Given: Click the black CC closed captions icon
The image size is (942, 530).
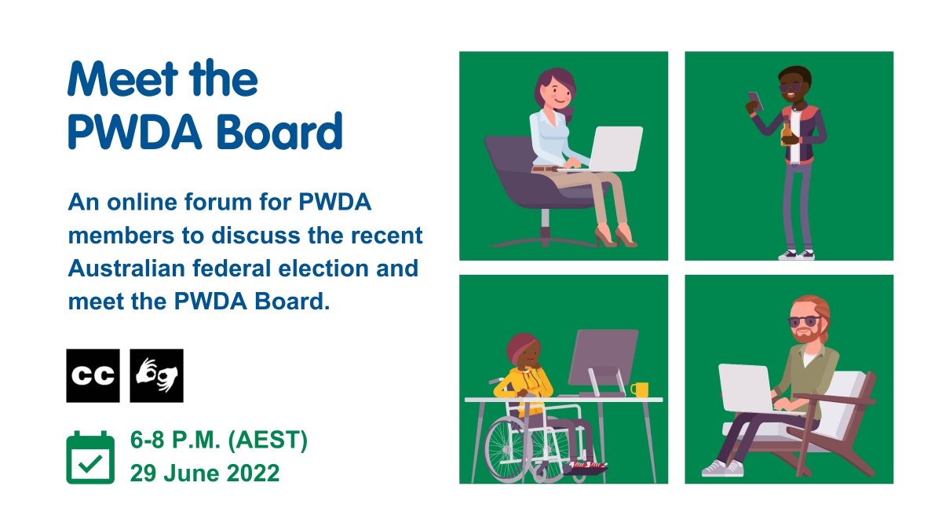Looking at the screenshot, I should (x=93, y=375).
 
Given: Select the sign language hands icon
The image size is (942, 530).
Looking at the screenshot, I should (x=156, y=375).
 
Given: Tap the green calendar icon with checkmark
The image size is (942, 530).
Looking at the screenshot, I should (x=90, y=458).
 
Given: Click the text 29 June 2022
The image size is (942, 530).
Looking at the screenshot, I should (x=205, y=473).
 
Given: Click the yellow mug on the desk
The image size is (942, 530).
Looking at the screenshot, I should (x=640, y=389).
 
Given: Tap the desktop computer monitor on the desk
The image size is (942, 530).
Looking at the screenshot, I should (x=602, y=357).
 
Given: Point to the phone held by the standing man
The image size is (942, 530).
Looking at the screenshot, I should (x=754, y=101).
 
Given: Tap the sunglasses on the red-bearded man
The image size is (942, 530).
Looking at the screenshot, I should (x=803, y=321).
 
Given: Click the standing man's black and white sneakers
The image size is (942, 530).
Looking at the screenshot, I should (x=796, y=254).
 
